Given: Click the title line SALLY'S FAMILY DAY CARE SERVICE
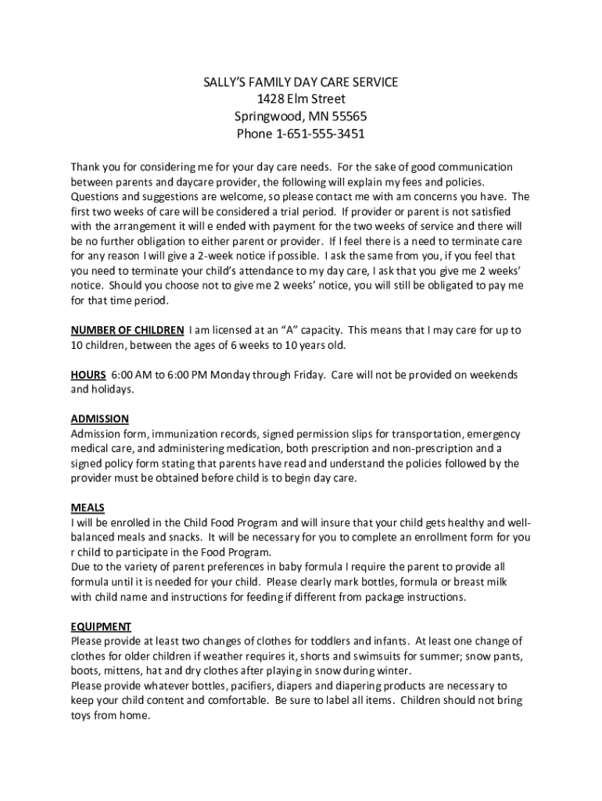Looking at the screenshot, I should coord(301,82).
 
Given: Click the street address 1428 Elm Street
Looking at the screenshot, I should coord(301,99).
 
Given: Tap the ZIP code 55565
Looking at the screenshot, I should coord(348,117).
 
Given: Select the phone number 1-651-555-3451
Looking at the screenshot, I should coord(321,134).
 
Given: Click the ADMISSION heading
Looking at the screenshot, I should coord(100,419).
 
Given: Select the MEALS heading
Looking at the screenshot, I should coord(88,508).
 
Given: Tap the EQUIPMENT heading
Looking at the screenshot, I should coord(101,627).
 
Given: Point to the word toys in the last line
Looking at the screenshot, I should coord(81,716).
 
